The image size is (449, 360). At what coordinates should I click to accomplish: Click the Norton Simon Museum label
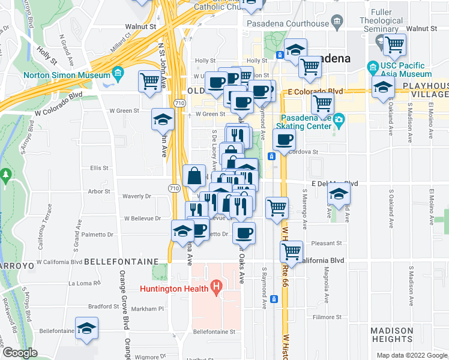coord(67,76)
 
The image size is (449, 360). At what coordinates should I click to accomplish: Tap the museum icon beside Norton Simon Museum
coord(118,76)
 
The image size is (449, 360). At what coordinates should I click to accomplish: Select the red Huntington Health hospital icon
coord(216,289)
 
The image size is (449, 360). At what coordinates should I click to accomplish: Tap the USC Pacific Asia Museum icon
coord(373,66)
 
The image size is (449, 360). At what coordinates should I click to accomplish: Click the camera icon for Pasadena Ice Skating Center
coord(339,119)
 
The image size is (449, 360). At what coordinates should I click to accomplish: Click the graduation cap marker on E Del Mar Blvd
coord(339,193)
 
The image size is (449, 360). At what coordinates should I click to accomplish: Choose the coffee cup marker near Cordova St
coord(285,140)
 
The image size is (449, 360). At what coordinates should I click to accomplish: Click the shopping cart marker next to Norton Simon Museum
coord(149,81)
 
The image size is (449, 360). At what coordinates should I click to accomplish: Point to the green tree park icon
coord(6,176)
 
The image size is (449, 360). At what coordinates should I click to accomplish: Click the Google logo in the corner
coord(20,353)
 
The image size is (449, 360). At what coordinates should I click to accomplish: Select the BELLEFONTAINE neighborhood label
coord(121,262)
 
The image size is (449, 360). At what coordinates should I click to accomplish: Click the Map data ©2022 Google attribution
coord(411,355)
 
